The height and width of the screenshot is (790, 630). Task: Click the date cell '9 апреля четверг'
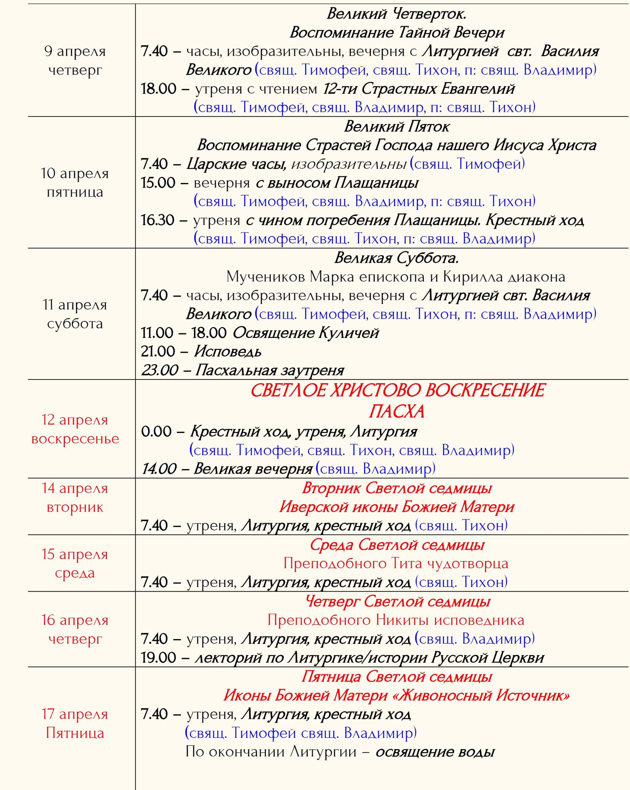coord(75,60)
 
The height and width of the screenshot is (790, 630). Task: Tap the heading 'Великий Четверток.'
coord(397,14)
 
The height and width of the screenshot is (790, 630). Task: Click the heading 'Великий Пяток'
coord(397,127)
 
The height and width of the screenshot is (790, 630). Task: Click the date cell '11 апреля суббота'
coord(75,314)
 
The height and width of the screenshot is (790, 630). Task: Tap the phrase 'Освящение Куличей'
coord(306,333)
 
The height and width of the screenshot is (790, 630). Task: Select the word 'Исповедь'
coord(228,352)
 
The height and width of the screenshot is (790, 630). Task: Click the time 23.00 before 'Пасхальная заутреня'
coord(160,370)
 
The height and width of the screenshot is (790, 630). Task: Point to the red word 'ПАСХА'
coord(397,411)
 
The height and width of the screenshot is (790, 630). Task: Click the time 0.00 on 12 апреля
coord(156,432)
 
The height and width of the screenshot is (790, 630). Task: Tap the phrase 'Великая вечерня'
coord(253,469)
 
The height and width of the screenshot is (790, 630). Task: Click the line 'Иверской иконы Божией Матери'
coord(397,507)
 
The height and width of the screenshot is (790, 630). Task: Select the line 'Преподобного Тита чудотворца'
coord(396,563)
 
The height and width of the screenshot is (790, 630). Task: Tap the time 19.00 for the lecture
coord(159,658)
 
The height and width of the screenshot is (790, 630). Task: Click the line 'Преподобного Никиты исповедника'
coord(396,620)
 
